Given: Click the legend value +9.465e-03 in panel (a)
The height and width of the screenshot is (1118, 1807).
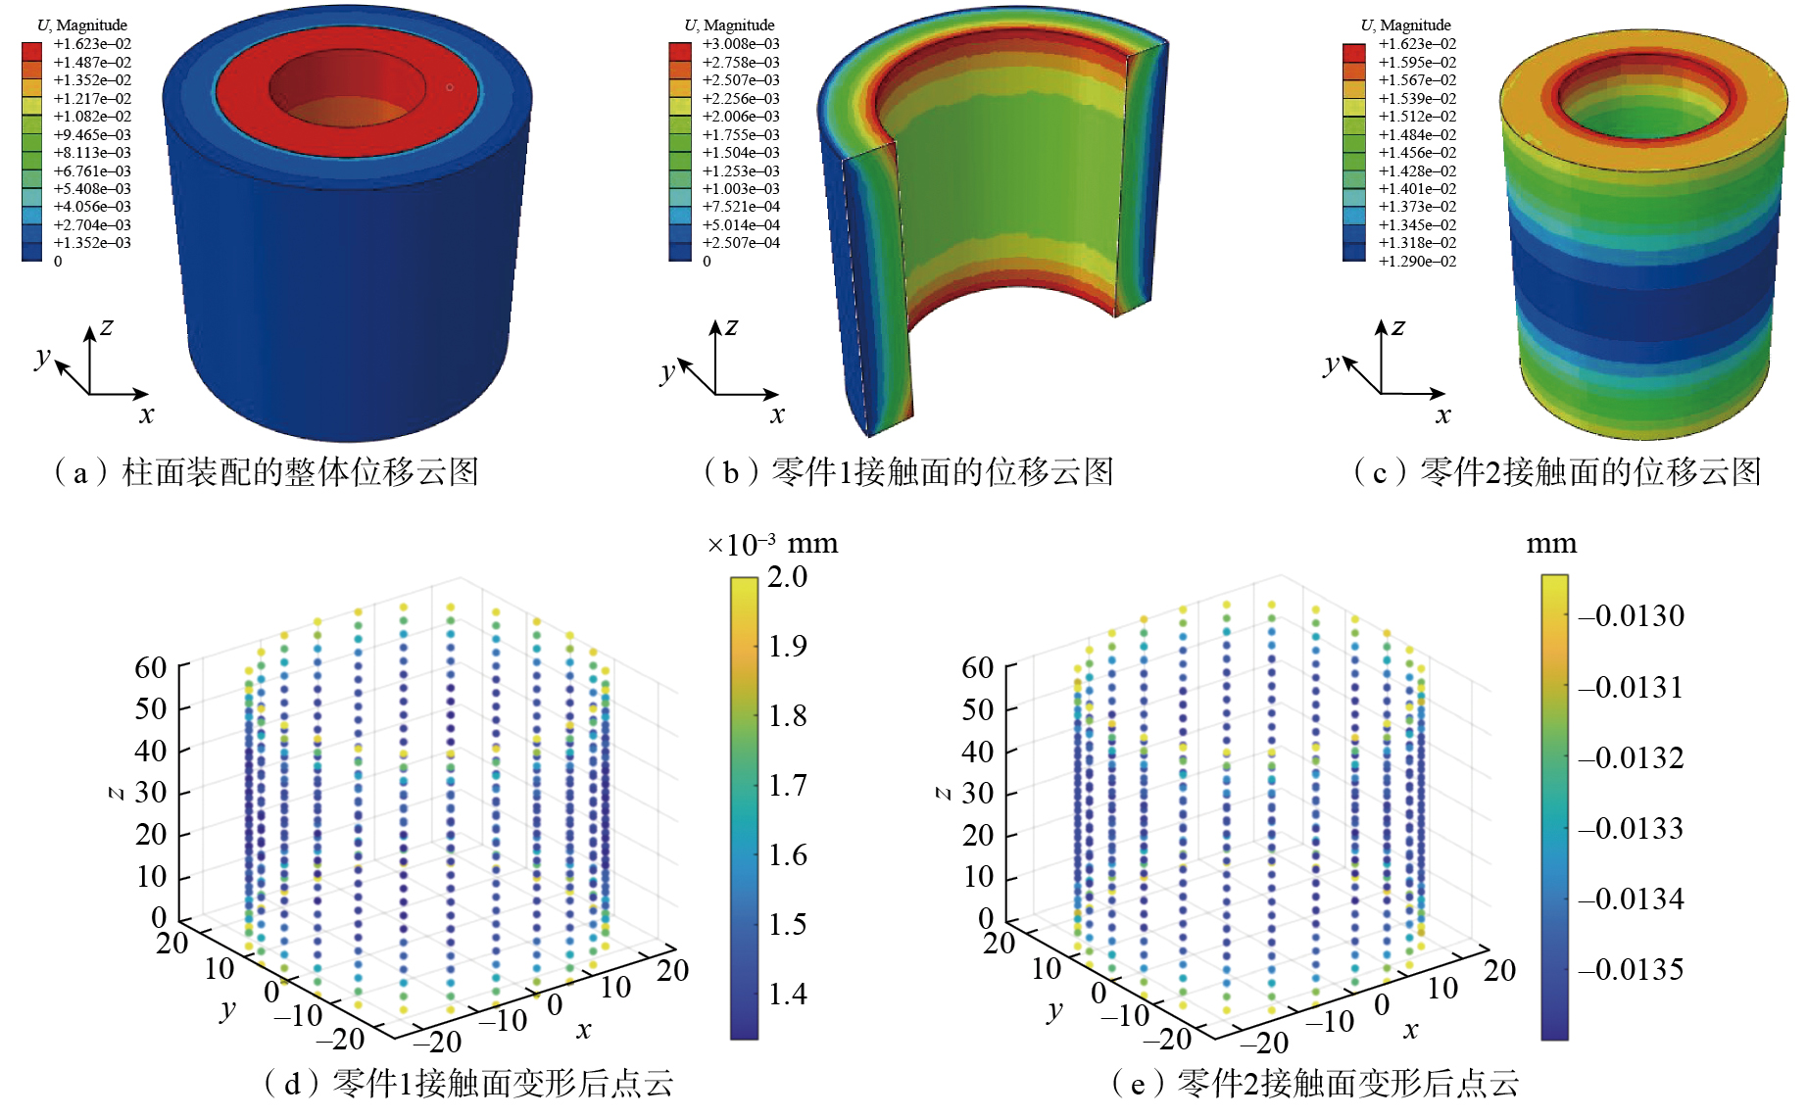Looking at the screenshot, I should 92,134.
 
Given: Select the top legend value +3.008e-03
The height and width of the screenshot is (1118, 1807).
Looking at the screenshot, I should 741,44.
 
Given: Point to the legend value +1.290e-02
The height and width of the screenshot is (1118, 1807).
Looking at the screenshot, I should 1417,262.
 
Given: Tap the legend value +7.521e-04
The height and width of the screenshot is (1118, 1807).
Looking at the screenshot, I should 741,207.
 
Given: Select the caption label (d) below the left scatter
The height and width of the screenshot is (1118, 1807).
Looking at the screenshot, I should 291,1084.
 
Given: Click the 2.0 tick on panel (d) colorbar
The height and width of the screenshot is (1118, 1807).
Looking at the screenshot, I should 788,577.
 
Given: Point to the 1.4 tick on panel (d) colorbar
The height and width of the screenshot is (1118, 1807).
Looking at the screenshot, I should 788,995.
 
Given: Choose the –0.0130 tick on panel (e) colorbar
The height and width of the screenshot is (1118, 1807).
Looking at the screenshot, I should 1632,616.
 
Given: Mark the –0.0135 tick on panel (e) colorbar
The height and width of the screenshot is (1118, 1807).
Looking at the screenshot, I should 1632,970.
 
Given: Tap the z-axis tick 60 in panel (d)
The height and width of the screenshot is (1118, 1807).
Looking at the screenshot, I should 151,667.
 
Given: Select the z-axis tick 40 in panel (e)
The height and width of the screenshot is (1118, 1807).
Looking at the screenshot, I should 978,752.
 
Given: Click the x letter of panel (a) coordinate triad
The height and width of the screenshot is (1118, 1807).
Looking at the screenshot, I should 147,414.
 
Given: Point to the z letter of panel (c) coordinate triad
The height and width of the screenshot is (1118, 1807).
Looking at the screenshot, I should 1398,326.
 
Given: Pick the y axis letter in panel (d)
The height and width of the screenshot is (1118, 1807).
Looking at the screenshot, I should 228,1009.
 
